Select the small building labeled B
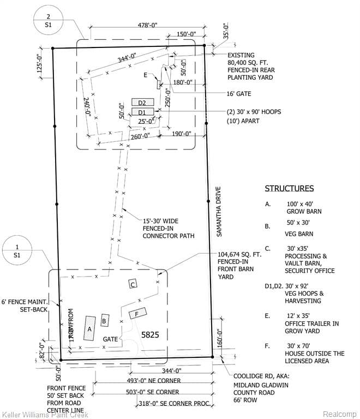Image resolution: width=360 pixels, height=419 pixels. tap(105, 321)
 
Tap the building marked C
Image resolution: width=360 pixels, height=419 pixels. tap(132, 284)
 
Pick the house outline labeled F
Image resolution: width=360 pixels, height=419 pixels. tap(137, 313)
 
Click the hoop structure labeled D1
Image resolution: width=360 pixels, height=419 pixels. tap(142, 112)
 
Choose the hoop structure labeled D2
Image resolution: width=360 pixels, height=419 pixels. tap(142, 102)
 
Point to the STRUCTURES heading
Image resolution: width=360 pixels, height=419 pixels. tap(289, 189)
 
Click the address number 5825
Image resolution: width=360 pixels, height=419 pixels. tap(149, 335)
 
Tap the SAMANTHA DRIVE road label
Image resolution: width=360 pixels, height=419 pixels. tap(219, 212)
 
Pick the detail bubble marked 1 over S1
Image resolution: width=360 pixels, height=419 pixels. tap(17, 250)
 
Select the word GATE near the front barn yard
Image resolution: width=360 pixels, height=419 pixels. tap(111, 339)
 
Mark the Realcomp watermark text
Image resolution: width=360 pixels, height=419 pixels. tap(339, 414)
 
